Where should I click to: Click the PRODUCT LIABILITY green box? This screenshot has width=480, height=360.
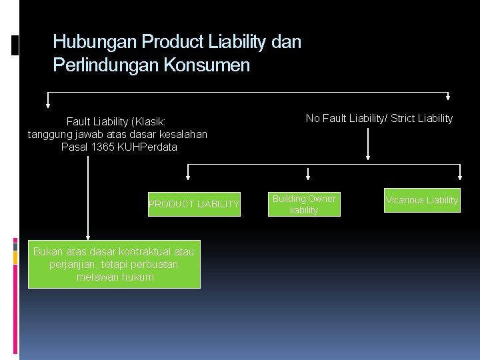tap(193, 204)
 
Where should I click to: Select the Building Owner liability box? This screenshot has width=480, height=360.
tap(304, 204)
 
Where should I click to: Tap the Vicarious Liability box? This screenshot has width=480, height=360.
tap(422, 200)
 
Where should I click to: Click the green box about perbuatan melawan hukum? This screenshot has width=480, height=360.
tap(114, 264)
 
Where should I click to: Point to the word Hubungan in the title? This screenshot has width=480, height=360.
tap(85, 42)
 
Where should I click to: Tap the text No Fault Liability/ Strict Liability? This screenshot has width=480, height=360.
tap(379, 119)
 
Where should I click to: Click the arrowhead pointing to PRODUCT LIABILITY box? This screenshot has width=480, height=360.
tap(188, 177)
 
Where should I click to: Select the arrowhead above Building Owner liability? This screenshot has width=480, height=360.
tap(308, 177)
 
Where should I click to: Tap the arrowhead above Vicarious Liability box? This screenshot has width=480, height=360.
tap(461, 177)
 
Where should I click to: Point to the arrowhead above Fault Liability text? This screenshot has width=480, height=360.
tap(48, 103)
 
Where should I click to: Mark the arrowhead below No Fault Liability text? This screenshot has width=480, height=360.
tap(369, 157)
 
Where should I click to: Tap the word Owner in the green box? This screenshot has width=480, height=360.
tap(322, 199)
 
